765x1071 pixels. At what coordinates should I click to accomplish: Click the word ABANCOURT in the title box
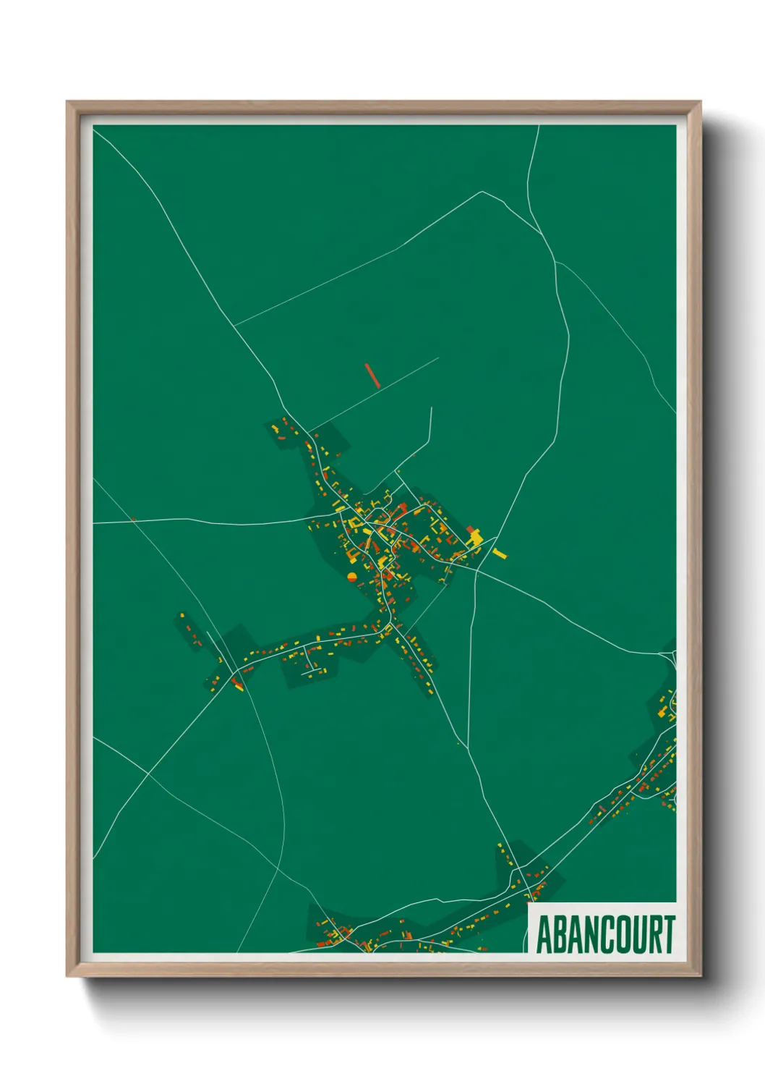pyautogui.click(x=604, y=934)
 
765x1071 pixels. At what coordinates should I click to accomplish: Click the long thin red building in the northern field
pyautogui.click(x=372, y=376)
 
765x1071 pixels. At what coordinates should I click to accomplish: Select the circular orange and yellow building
pyautogui.click(x=352, y=577)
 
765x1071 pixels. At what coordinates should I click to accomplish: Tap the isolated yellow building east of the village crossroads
pyautogui.click(x=500, y=554)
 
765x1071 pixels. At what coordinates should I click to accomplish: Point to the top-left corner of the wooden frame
pyautogui.click(x=68, y=103)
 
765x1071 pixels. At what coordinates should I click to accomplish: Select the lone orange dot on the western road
pyautogui.click(x=134, y=518)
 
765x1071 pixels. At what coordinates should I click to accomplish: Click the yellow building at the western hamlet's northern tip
pyautogui.click(x=182, y=616)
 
